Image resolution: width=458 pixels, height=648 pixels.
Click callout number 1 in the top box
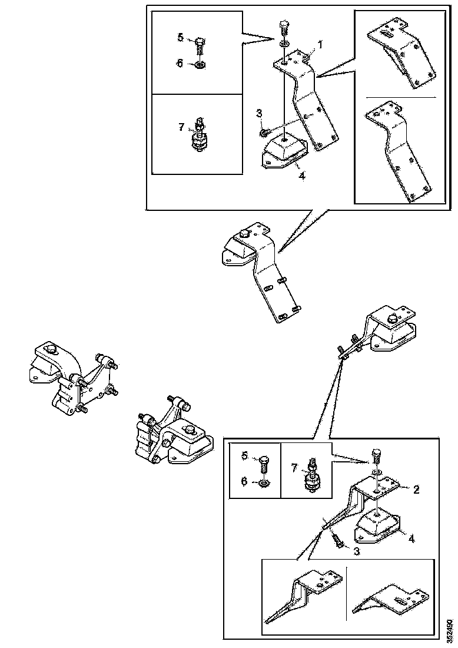pos(320,44)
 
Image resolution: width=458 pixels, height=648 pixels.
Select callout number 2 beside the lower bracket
pos(416,490)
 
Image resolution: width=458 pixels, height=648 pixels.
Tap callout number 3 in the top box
pos(259,113)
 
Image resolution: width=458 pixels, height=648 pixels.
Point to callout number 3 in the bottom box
pos(356,551)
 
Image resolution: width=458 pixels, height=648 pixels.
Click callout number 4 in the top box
pos(302,176)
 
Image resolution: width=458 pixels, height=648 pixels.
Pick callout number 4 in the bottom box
pos(411,539)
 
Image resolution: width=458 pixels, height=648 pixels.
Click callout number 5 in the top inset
pos(181,38)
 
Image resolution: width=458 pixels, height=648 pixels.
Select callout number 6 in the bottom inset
pos(244,481)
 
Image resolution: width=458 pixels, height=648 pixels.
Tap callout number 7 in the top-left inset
pos(181,127)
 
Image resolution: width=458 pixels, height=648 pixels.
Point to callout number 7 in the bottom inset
pos(294,468)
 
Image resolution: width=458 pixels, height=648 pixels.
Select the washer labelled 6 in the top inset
pos(200,64)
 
